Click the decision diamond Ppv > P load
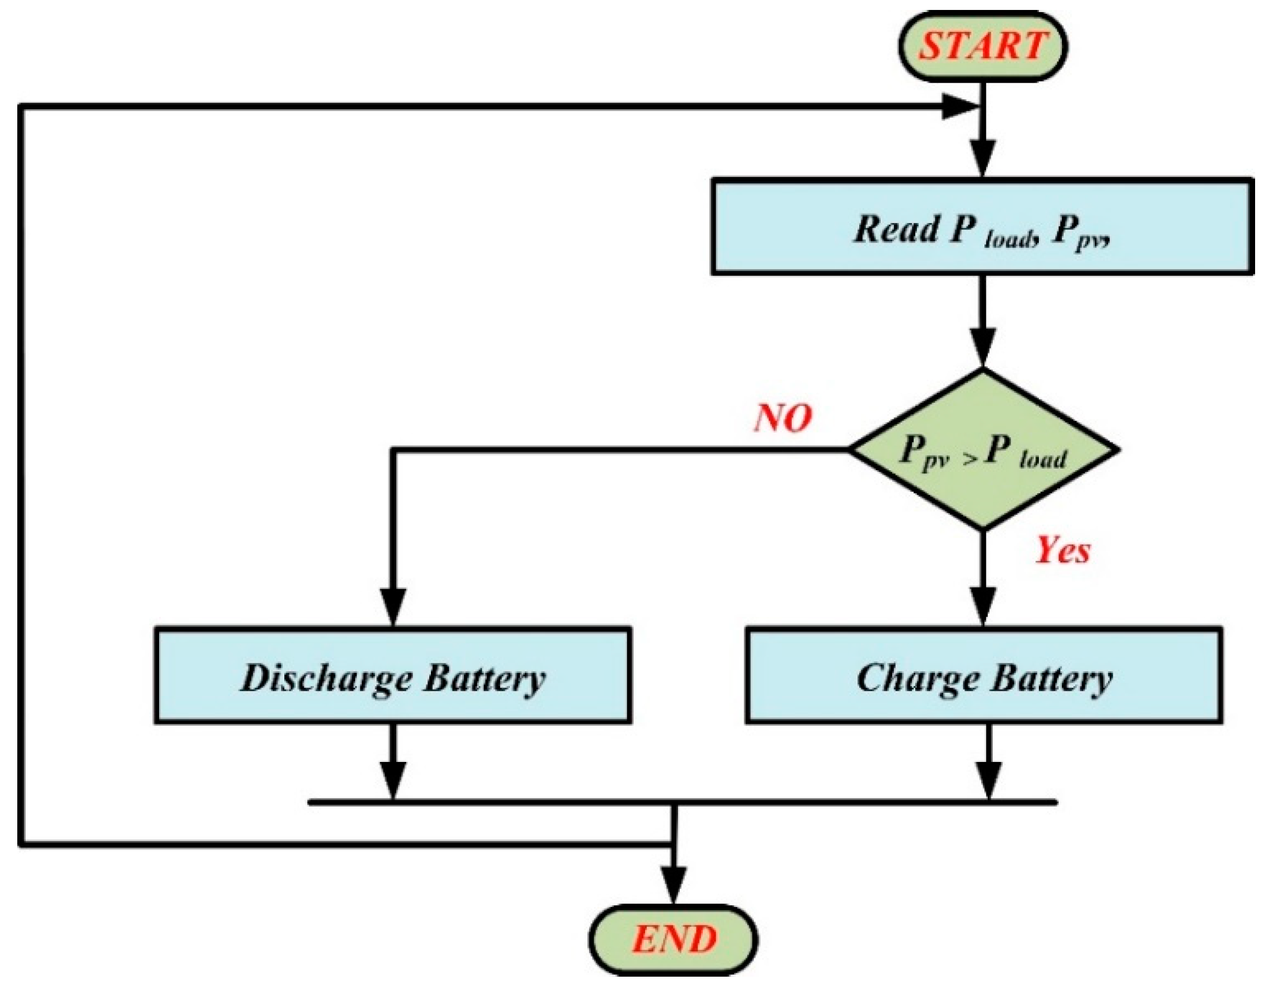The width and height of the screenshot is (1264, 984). (982, 450)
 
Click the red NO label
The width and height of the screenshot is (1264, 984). (782, 418)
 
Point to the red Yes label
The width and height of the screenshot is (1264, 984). (1062, 550)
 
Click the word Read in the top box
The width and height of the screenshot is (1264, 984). (896, 229)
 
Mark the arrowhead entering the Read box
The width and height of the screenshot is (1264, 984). (982, 159)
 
